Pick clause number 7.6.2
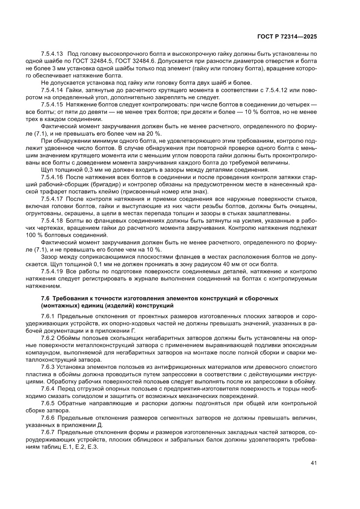(x=48, y=338)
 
